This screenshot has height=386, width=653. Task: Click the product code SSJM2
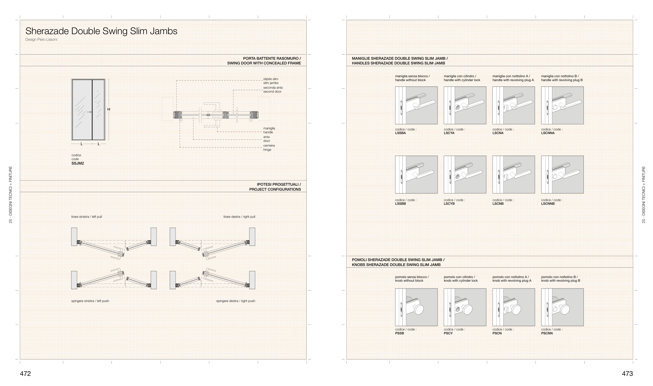[78, 164]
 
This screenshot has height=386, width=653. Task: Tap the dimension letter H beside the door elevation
[109, 110]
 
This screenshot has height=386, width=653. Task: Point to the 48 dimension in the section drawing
[208, 115]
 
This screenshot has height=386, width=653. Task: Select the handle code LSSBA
[400, 133]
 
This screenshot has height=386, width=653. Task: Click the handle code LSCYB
[449, 204]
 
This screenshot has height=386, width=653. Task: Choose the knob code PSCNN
[547, 333]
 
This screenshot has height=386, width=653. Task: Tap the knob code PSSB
[399, 333]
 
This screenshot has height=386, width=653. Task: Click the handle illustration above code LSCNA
[514, 105]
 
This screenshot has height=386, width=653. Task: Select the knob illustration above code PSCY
[465, 307]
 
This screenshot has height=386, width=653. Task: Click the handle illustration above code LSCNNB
[562, 174]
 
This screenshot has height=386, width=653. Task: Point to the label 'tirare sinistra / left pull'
[87, 217]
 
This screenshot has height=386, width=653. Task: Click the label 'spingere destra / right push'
[236, 301]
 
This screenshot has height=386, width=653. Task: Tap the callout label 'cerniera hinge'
[269, 148]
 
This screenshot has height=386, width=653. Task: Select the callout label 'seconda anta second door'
[273, 89]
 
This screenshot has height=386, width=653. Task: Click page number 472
[25, 373]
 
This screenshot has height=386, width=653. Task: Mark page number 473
[627, 373]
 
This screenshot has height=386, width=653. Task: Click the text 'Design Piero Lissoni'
[41, 40]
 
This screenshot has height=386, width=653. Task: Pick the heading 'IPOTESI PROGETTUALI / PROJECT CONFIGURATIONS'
[275, 187]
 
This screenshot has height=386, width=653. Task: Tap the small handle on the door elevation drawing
[90, 112]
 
